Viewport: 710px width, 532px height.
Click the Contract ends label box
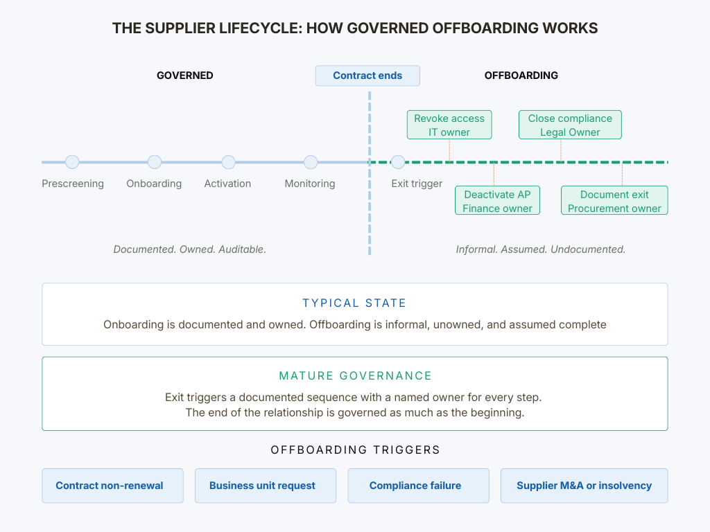click(x=367, y=76)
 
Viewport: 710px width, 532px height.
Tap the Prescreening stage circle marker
click(x=72, y=162)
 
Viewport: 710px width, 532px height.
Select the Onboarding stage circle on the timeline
click(x=155, y=162)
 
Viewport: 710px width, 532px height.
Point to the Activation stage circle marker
click(x=228, y=162)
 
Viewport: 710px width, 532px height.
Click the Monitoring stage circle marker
click(x=311, y=162)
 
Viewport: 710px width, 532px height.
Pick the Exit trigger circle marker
click(x=398, y=162)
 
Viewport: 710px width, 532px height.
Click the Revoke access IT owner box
click(x=449, y=125)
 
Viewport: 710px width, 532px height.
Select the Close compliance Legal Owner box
click(x=570, y=125)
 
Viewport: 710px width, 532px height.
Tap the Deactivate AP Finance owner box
click(x=497, y=201)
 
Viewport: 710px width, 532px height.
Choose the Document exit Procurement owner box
click(x=614, y=201)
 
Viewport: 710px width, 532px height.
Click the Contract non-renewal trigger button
click(x=112, y=486)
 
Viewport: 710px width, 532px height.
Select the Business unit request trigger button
click(x=265, y=486)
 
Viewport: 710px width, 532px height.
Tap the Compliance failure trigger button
click(x=418, y=486)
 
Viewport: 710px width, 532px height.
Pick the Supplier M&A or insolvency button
click(x=584, y=486)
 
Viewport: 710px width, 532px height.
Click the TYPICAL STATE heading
click(x=354, y=303)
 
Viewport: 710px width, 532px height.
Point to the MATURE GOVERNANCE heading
click(x=355, y=376)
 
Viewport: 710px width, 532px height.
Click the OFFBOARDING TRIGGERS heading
click(x=355, y=450)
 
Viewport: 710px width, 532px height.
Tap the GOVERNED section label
click(x=184, y=76)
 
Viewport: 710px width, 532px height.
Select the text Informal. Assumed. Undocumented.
click(x=541, y=249)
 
